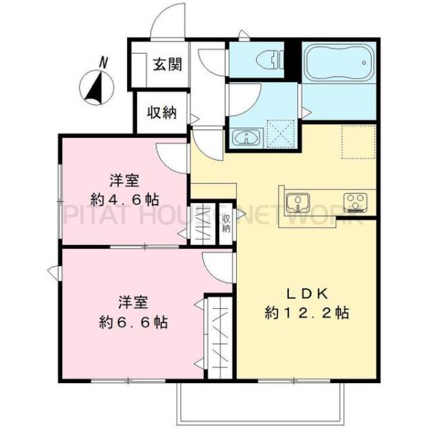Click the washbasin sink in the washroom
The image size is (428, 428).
point(247,136)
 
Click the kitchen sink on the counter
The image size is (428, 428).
point(296,202)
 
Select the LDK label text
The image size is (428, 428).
point(307,293)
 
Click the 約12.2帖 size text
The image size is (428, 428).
point(307,312)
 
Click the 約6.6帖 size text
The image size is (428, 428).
point(134,322)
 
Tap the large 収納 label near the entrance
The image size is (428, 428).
point(163,112)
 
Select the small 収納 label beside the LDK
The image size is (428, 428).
point(226,224)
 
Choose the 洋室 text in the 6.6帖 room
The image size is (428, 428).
point(132,302)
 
